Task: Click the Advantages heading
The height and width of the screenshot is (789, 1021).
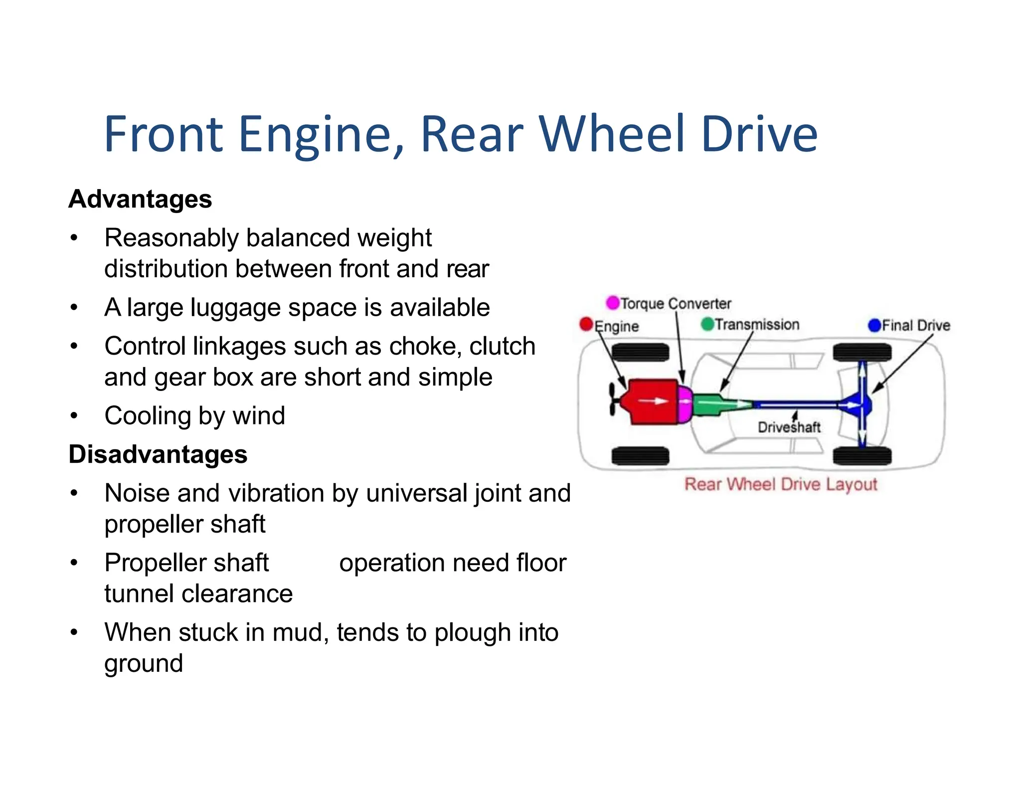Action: coord(140,199)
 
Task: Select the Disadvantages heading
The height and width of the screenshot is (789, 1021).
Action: coord(158,454)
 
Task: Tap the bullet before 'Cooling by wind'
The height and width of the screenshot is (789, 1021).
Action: coord(74,415)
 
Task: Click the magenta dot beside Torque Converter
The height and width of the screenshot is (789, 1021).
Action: coord(612,303)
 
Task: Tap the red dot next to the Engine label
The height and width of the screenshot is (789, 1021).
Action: coord(586,324)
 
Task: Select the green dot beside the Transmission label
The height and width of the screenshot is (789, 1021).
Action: coord(707,324)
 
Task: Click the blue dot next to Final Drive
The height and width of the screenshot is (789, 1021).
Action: coord(874,325)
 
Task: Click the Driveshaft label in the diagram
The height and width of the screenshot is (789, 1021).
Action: coord(789,427)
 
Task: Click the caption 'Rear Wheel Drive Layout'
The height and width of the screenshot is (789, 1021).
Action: coord(780,484)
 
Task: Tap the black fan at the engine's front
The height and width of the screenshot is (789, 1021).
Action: coord(614,399)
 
